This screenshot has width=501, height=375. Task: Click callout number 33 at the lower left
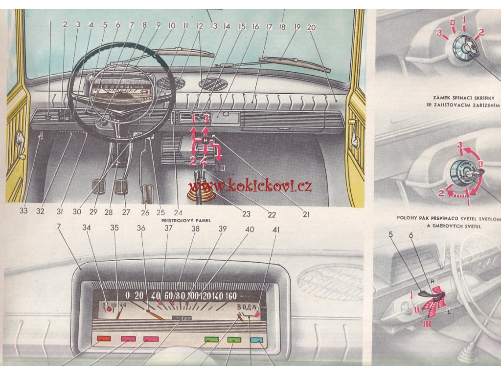[23, 212]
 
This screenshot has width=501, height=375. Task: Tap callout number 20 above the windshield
[311, 28]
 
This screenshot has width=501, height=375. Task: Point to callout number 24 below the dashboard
[178, 213]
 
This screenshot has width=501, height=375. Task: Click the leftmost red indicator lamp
[104, 338]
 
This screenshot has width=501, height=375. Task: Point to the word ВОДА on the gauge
[247, 307]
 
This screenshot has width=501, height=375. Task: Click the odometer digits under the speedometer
[182, 318]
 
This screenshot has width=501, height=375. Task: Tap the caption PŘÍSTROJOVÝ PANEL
[186, 221]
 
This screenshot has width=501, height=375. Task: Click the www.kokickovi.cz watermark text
[250, 186]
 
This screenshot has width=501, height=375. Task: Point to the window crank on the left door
[21, 144]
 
